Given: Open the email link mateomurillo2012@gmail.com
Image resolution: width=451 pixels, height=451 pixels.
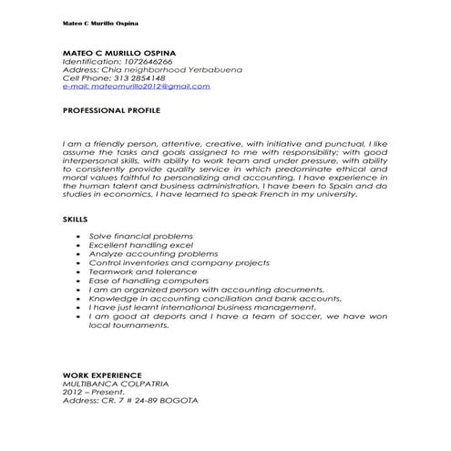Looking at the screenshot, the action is click(136, 87).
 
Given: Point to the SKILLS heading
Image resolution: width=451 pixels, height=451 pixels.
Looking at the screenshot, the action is click(76, 220).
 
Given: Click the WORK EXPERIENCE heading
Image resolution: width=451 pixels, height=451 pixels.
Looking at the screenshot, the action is click(102, 374).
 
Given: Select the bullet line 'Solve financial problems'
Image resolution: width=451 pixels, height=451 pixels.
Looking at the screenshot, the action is click(128, 236).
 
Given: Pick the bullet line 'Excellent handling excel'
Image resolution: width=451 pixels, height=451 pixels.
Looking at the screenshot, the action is click(128, 245).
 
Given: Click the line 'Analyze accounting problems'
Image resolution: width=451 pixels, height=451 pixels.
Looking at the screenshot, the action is click(136, 254).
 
